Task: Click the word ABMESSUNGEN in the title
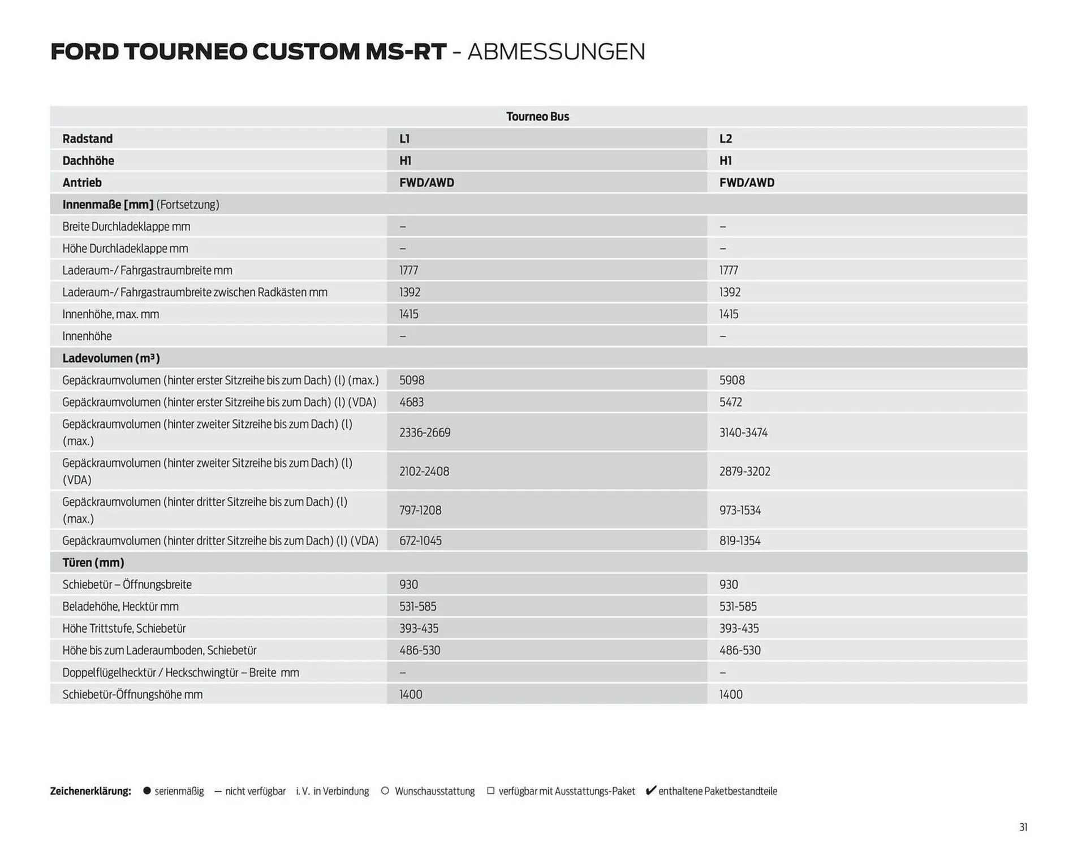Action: [556, 52]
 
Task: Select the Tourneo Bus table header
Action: [537, 116]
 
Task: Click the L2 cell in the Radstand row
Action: [726, 139]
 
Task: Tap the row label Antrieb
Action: [82, 183]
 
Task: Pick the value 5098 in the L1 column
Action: [412, 380]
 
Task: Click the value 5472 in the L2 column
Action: [730, 402]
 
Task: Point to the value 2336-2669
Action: [425, 433]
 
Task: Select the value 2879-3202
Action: [744, 472]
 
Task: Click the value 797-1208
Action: [420, 510]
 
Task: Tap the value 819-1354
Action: [740, 541]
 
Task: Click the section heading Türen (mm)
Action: [93, 563]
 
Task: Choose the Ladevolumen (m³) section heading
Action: [111, 358]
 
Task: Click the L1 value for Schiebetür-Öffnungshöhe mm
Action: [411, 694]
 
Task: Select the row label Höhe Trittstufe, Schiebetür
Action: [124, 628]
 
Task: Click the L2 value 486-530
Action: [740, 650]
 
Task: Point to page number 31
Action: [1023, 827]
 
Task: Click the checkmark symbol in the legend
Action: [650, 790]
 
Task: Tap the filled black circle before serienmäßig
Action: [147, 791]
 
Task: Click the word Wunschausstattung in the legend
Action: [434, 791]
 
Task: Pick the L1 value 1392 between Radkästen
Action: [410, 292]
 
